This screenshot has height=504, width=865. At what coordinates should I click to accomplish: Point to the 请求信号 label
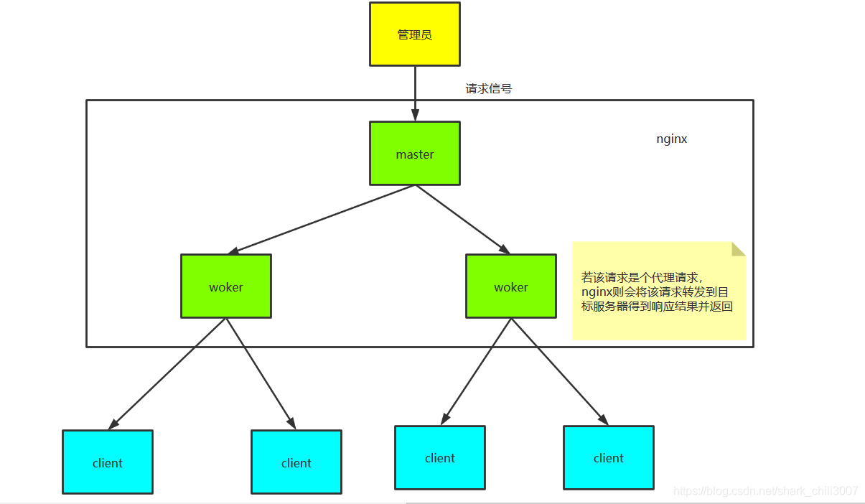489,89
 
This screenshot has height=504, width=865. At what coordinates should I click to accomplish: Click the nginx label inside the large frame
672,139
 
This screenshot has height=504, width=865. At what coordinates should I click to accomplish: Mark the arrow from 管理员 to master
415,93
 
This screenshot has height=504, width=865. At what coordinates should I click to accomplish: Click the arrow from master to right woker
462,219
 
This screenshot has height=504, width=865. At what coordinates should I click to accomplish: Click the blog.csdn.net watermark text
766,491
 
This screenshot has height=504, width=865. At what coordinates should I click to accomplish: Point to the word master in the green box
415,154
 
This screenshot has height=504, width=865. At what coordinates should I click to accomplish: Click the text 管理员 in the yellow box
415,34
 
